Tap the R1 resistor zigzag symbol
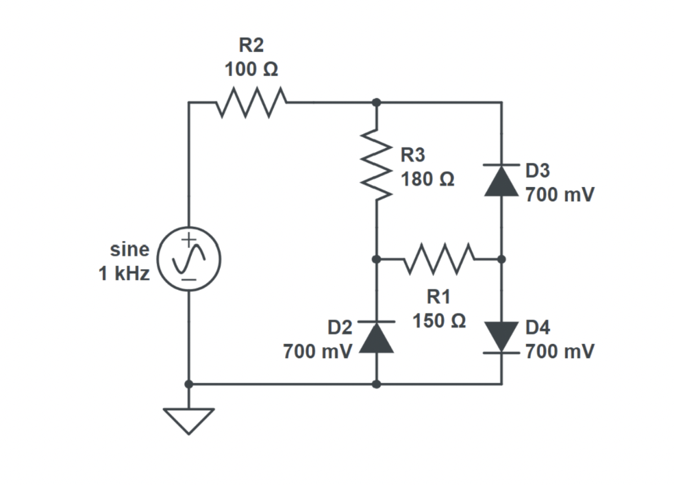pyautogui.click(x=439, y=260)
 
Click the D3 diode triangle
pyautogui.click(x=501, y=180)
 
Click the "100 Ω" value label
pyautogui.click(x=251, y=70)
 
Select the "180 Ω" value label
pyautogui.click(x=427, y=179)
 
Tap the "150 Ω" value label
pyautogui.click(x=439, y=321)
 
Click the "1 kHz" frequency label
pyautogui.click(x=123, y=274)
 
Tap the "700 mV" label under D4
pyautogui.click(x=560, y=352)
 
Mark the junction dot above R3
pyautogui.click(x=376, y=102)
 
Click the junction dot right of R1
pyautogui.click(x=501, y=260)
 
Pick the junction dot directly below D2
pyautogui.click(x=376, y=384)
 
